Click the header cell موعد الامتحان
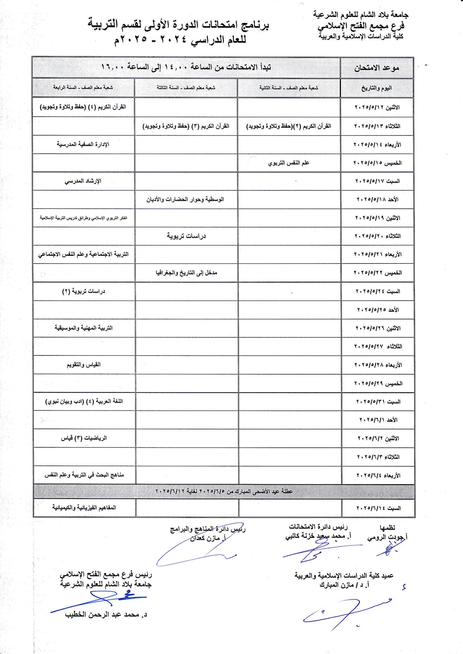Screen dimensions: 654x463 coord(377,68)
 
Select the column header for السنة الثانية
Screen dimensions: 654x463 coord(289,87)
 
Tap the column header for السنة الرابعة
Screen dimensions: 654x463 coord(83,87)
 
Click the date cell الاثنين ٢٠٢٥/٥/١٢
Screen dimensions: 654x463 coord(377,107)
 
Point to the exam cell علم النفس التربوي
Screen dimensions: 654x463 coord(289,163)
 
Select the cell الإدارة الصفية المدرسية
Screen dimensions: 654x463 coord(83,144)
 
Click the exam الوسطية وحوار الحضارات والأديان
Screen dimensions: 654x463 coord(185,199)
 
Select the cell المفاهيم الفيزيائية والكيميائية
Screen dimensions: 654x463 coord(84,507)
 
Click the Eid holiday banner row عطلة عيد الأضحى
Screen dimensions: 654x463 coord(224,491)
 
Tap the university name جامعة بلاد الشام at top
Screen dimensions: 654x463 coord(361,14)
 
